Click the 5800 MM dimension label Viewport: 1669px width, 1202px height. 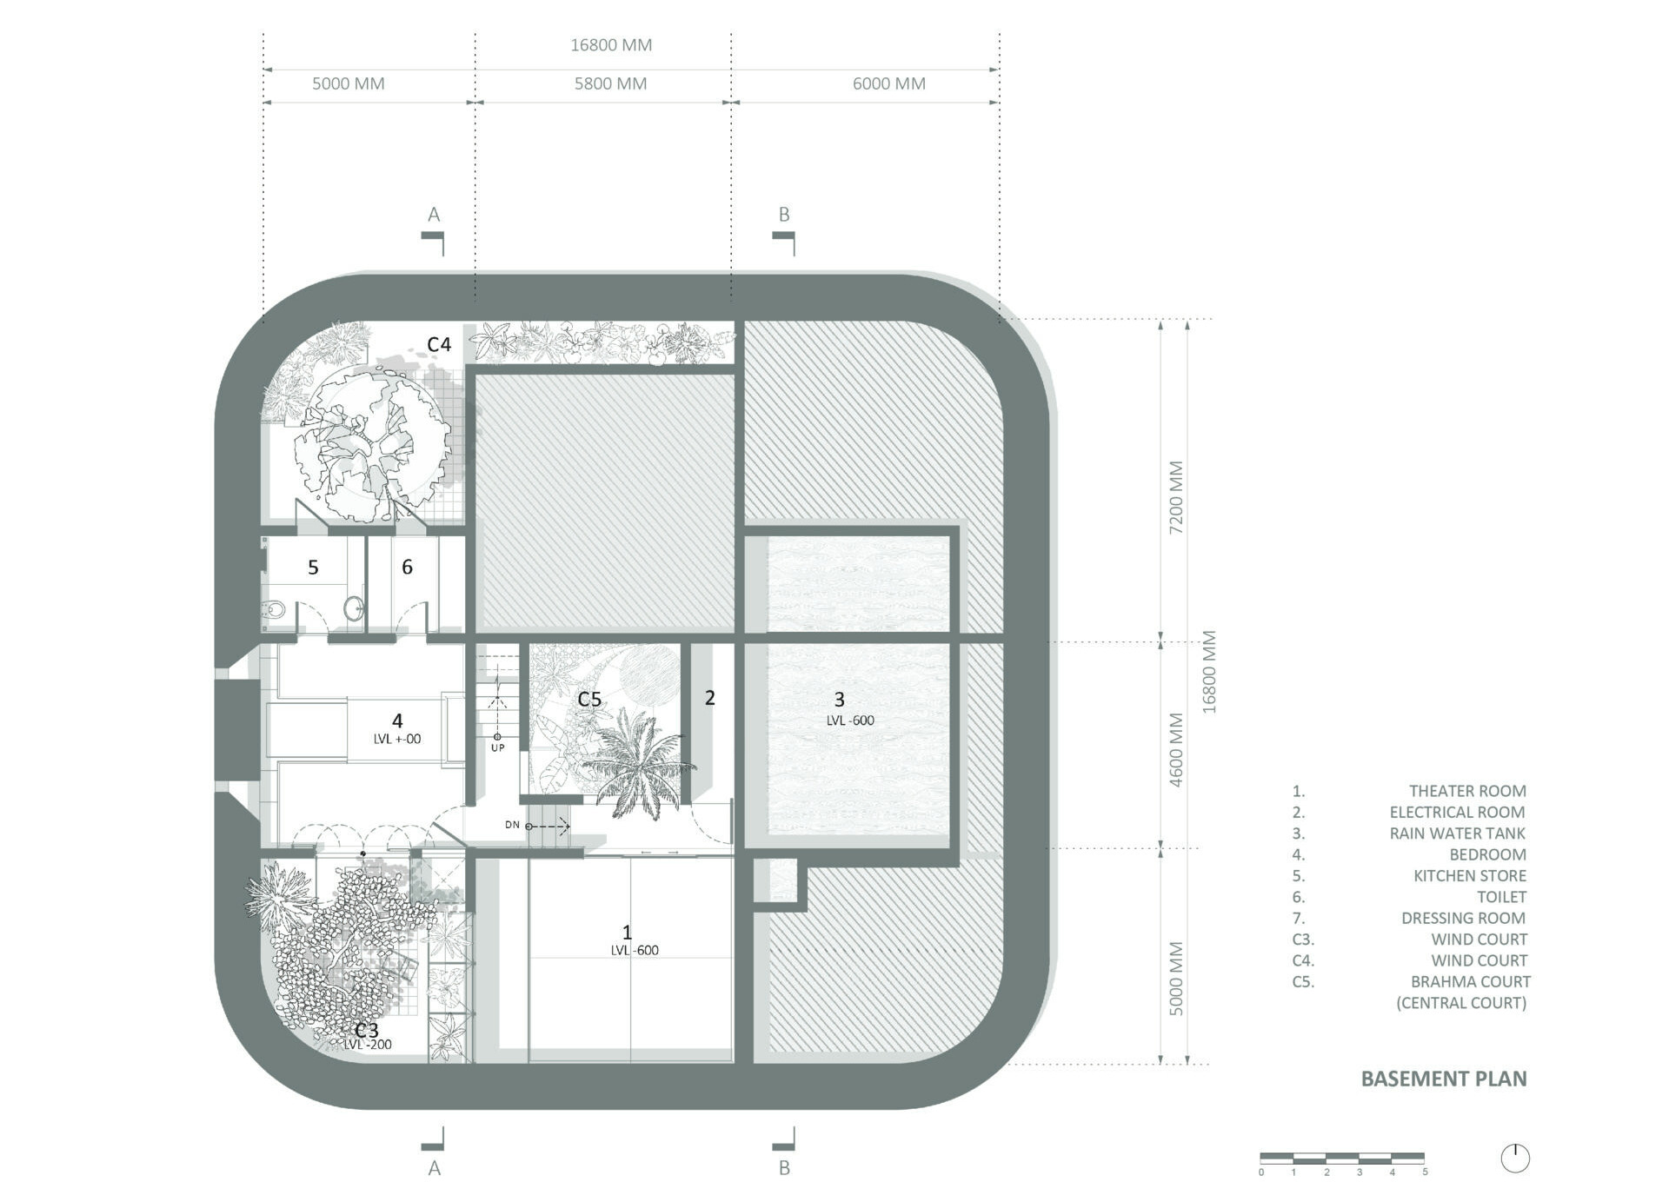[x=610, y=84]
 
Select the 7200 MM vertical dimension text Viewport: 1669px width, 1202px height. [x=1176, y=497]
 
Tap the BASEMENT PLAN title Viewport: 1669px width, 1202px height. [x=1443, y=1079]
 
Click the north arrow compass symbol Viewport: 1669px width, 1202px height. [x=1514, y=1158]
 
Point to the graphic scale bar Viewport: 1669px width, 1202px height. [x=1341, y=1158]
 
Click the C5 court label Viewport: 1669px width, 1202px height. [x=589, y=700]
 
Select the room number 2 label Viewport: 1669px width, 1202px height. [x=709, y=698]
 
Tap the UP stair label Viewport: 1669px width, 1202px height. [x=497, y=747]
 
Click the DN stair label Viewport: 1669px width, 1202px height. [x=512, y=825]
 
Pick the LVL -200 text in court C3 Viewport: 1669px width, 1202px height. [x=368, y=1045]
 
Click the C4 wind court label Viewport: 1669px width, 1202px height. [x=439, y=345]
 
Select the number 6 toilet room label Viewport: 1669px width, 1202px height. [x=407, y=568]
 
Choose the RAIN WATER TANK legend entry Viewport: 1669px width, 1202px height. [x=1457, y=833]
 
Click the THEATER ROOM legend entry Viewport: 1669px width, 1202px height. [x=1466, y=791]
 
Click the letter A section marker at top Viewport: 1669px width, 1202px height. [x=434, y=215]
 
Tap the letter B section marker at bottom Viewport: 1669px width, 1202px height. [x=784, y=1168]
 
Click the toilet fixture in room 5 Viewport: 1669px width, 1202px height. [x=274, y=610]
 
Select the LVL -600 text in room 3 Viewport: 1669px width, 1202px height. [x=850, y=721]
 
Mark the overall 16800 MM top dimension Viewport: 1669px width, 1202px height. [x=610, y=45]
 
